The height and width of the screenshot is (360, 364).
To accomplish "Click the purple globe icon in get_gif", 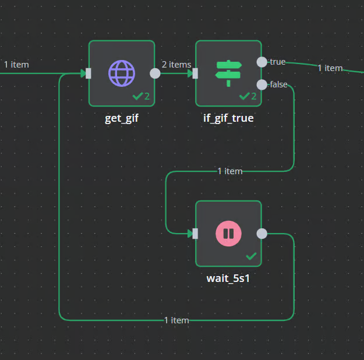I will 122,73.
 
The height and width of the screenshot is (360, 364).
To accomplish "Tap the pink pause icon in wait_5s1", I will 228,234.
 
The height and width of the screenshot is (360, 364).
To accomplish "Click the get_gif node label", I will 122,118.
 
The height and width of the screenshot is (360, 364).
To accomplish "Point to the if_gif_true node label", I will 228,118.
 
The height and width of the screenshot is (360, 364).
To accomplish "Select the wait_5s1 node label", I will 228,278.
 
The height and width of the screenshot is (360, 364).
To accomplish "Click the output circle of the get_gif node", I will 155,73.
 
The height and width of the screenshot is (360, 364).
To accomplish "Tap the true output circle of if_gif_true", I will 262,62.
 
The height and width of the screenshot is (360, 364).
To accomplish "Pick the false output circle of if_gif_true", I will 262,84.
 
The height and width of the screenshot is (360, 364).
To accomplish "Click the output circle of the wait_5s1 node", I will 262,234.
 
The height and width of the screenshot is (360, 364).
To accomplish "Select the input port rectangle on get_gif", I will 88,73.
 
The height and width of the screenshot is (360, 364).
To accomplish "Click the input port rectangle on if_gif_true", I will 195,73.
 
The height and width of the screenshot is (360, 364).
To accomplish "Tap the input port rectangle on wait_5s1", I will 195,234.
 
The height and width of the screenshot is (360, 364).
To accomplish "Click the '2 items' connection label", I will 176,65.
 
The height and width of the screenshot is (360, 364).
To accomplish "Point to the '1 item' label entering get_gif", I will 16,65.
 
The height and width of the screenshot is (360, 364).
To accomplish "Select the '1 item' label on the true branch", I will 330,68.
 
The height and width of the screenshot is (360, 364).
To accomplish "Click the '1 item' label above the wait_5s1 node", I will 229,171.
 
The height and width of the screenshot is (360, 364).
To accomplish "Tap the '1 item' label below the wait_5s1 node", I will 176,320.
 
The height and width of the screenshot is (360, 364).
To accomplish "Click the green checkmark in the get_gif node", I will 138,96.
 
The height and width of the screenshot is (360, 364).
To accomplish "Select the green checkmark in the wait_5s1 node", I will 252,256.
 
